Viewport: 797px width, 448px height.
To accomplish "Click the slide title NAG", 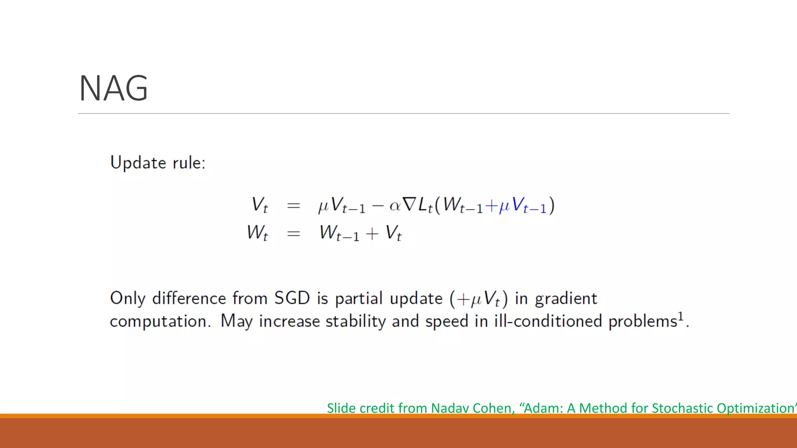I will coord(113,88).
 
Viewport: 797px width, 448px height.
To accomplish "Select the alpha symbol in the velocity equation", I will coord(395,205).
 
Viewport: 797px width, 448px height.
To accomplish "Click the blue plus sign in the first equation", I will coord(492,206).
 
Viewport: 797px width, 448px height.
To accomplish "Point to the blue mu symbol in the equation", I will coord(504,206).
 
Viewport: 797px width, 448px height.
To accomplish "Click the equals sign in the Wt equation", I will coord(293,234).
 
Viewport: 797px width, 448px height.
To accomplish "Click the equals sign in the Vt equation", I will coord(293,205).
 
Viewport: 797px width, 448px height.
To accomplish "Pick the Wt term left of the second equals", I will coord(257,233).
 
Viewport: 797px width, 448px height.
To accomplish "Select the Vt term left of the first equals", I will coord(260,205).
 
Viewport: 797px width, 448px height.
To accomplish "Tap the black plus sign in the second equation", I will coord(372,234).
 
